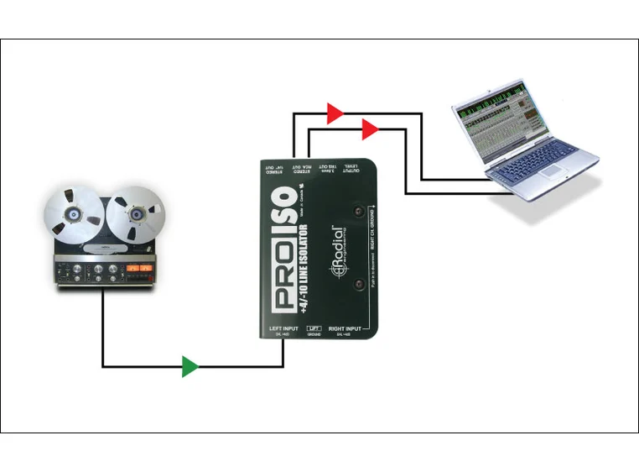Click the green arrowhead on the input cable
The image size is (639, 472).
(x=190, y=367)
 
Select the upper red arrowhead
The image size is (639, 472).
(x=335, y=113)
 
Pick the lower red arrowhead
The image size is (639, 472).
(x=370, y=129)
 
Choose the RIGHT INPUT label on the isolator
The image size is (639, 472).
(x=345, y=328)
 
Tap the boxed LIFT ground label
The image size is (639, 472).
(x=314, y=328)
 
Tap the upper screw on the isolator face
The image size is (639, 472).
(x=360, y=213)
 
